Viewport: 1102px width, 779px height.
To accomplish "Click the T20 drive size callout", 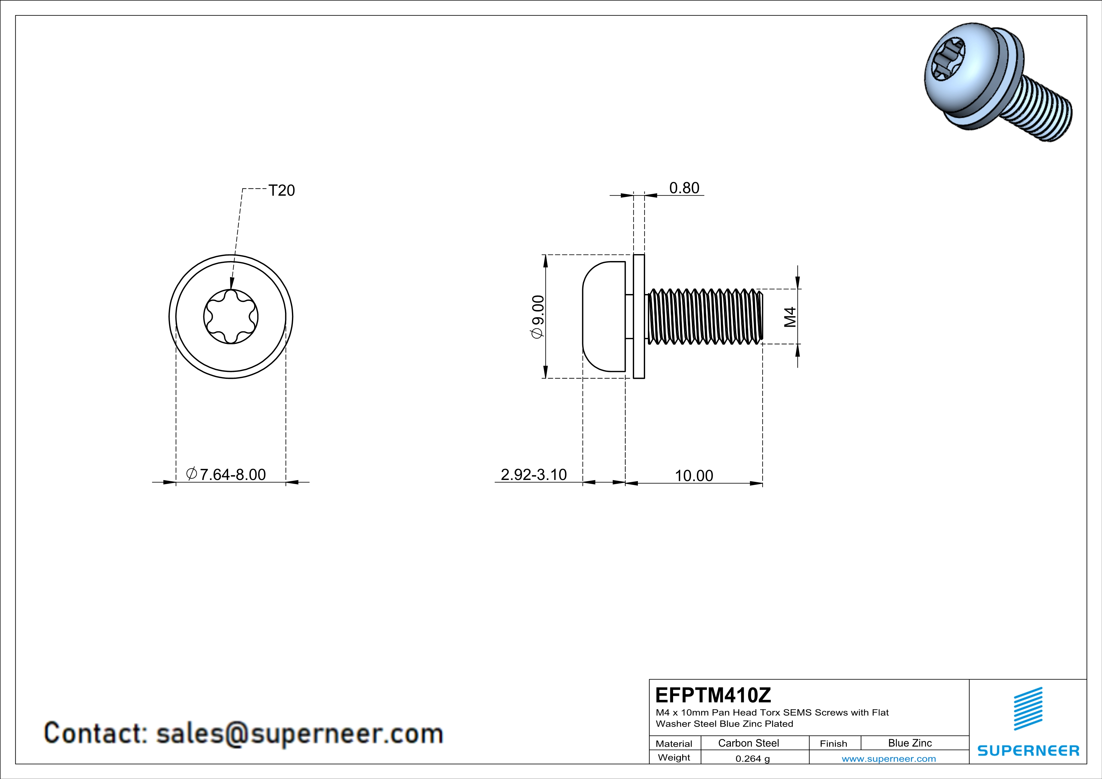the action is click(282, 190).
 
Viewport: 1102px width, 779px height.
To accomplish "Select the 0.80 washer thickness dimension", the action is click(684, 188).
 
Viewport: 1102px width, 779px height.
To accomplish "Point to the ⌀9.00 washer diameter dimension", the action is click(538, 317).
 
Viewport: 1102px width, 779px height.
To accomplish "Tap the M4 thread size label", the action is click(790, 317).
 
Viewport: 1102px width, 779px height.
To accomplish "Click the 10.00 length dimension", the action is click(694, 476).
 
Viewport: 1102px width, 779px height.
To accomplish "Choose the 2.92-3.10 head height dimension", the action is click(534, 474).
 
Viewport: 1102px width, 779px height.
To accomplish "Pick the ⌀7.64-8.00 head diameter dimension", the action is click(226, 474).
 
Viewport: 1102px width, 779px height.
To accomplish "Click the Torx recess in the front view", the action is click(231, 317).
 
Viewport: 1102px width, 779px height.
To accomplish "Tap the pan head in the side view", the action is click(604, 317).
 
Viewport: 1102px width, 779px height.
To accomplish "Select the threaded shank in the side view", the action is click(705, 317).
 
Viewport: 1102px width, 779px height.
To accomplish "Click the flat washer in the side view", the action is click(639, 317).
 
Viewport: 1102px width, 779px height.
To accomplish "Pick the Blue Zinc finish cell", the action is click(910, 743).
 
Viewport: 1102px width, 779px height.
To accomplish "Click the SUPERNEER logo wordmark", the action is click(1028, 751).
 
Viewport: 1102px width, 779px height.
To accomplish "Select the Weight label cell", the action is click(674, 757).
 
